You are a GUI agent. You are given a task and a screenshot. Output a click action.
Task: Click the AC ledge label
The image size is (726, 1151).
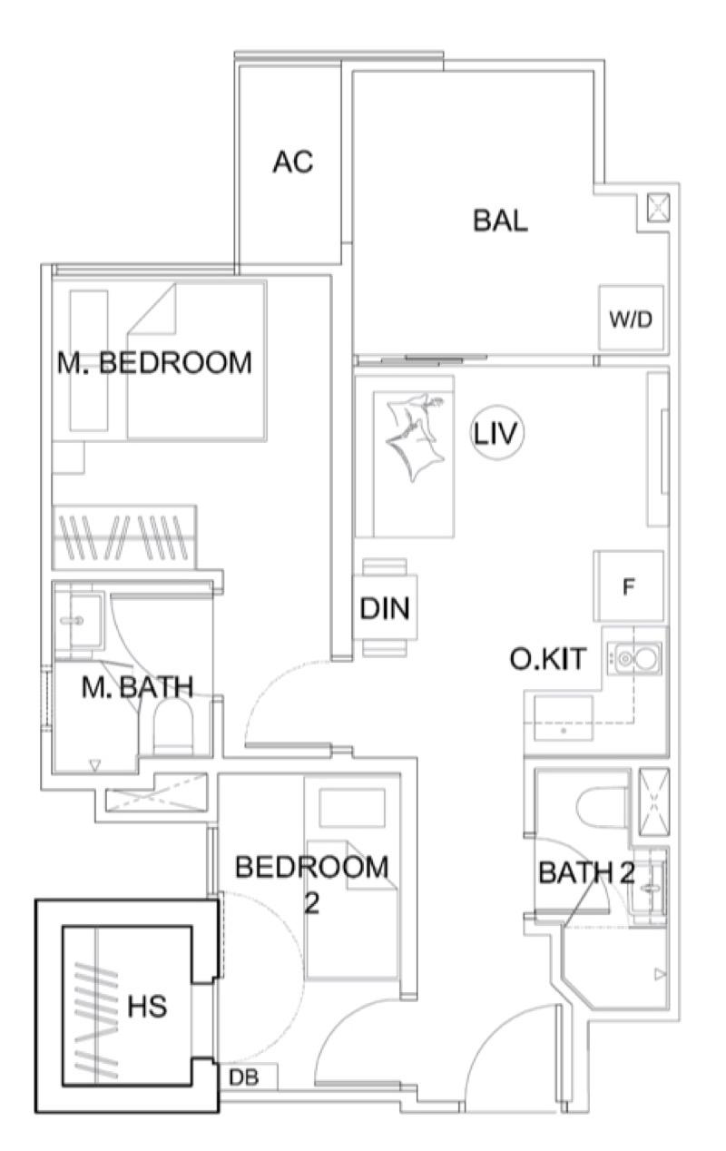click(292, 162)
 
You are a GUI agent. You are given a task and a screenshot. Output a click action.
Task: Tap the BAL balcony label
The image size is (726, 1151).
click(500, 221)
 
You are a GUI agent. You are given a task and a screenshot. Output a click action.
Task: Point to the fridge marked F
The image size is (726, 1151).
click(628, 586)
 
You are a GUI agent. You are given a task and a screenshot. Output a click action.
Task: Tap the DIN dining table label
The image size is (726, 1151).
click(385, 609)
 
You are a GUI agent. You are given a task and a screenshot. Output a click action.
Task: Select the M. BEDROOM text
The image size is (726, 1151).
click(154, 363)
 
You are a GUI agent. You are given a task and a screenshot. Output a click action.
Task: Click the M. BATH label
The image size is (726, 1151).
click(137, 687)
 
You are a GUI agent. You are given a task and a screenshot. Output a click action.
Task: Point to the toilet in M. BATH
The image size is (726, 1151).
click(177, 727)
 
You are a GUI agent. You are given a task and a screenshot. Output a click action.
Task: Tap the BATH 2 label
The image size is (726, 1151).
click(586, 873)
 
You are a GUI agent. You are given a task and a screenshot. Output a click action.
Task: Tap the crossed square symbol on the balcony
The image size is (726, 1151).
click(656, 208)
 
